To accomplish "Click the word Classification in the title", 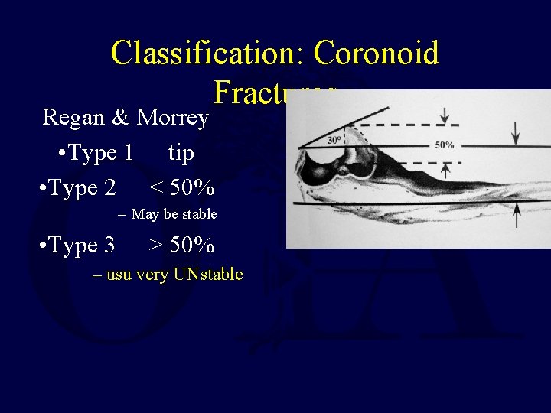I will [207, 54].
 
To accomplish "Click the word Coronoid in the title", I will [376, 54].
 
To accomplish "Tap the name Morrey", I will [173, 117].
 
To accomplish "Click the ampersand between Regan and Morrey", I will [121, 118].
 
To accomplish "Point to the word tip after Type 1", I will [181, 153].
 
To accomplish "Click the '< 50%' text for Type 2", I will [181, 187].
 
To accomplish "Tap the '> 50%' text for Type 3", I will [181, 245].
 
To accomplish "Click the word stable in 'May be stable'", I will [199, 214].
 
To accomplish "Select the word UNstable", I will [208, 274].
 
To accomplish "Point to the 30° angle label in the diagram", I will [334, 139].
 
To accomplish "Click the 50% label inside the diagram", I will [445, 145].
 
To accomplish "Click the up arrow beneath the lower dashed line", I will [445, 171].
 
